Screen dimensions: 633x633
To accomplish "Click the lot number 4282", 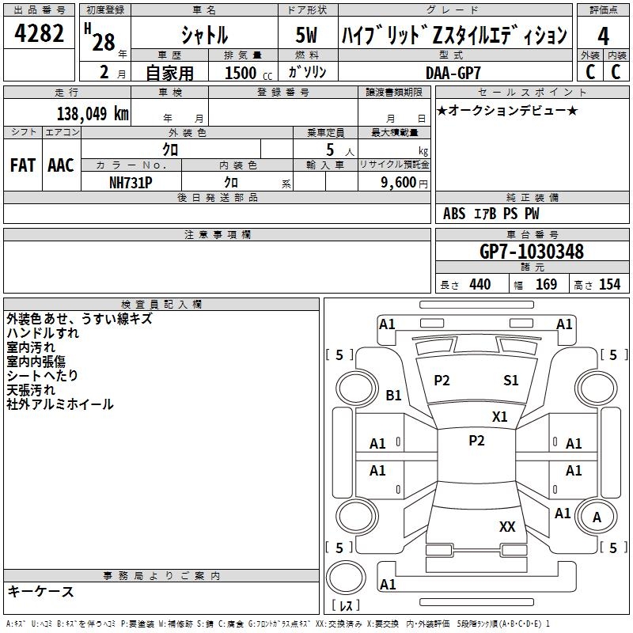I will click(x=40, y=35).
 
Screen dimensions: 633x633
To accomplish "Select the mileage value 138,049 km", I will click(x=93, y=113).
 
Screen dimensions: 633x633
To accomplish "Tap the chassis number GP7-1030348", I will click(x=532, y=252).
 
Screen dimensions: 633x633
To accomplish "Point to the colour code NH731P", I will click(x=131, y=181).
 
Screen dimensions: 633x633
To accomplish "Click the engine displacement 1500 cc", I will click(x=246, y=73).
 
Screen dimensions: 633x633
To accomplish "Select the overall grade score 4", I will click(x=603, y=36).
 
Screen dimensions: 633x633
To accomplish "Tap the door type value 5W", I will click(x=307, y=36).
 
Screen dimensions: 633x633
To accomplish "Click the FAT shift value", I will click(x=22, y=165).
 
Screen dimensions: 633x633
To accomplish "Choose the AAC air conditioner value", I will click(x=61, y=165).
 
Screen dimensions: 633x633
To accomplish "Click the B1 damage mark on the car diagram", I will click(x=393, y=395).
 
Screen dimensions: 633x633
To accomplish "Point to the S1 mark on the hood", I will click(x=511, y=381).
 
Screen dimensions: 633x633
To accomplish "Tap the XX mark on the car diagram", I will click(x=507, y=526).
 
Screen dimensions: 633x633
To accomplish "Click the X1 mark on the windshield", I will click(x=500, y=416).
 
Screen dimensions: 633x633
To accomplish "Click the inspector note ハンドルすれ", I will click(x=43, y=333).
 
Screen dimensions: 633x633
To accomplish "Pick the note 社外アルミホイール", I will click(x=60, y=404).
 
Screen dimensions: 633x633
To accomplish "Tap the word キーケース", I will click(x=40, y=591).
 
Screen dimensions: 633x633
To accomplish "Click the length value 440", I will click(x=479, y=284).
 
